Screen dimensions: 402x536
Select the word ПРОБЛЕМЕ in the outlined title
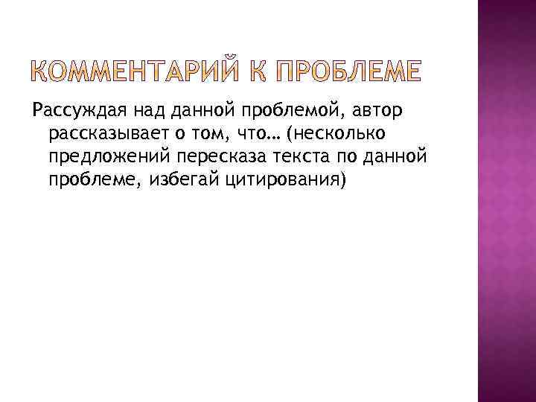click(348, 73)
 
